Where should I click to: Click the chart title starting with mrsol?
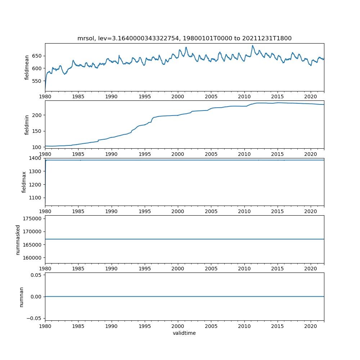click(184, 38)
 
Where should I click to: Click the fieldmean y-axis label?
click(27, 67)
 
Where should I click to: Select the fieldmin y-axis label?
click(27, 125)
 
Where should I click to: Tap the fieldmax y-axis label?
click(24, 182)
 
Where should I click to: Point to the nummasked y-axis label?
click(18, 239)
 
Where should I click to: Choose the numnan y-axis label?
click(22, 297)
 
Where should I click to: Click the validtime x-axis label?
click(184, 333)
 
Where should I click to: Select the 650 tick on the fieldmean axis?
click(36, 56)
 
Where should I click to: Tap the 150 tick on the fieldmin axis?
click(37, 131)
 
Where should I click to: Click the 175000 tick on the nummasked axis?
click(32, 219)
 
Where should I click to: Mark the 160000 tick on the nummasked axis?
click(32, 258)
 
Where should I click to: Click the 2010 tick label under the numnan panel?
click(244, 325)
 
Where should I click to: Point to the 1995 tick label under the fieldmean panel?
click(145, 96)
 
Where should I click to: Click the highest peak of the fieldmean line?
click(252, 45)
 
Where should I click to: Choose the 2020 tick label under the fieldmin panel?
click(311, 154)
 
